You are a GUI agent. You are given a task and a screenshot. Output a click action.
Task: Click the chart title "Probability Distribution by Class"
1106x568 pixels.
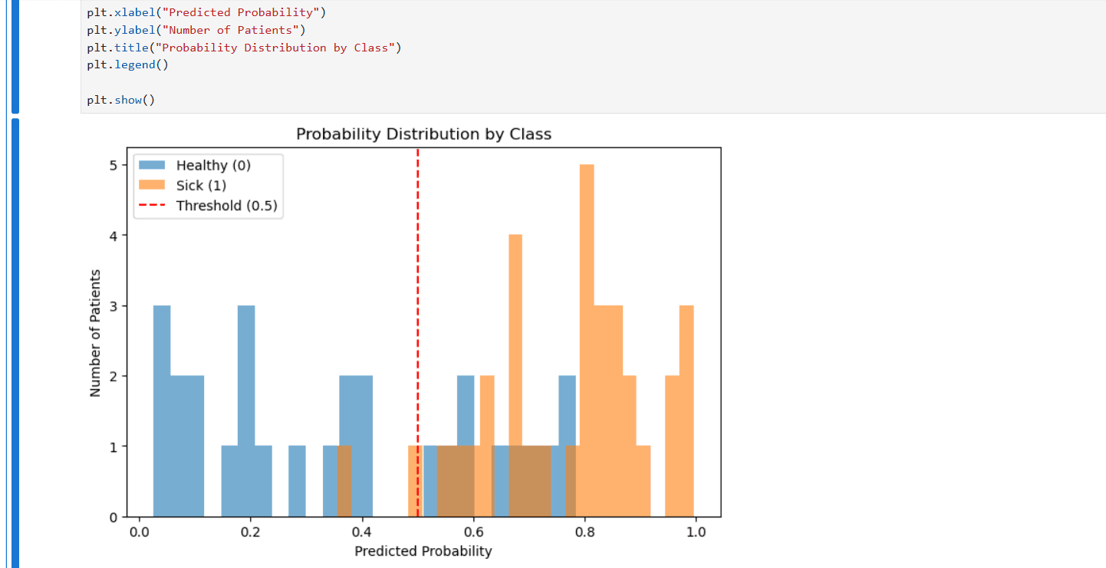[x=423, y=134]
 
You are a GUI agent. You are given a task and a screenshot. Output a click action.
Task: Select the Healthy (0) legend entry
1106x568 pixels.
[x=212, y=165]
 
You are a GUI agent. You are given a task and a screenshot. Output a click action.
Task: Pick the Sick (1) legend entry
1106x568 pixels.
[x=201, y=185]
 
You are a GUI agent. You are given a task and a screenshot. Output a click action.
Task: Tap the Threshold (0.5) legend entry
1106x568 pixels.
[x=225, y=206]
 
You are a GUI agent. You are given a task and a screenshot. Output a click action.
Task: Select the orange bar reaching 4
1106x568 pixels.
[x=515, y=345]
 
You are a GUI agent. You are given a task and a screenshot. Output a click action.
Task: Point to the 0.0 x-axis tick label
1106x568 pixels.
[x=139, y=531]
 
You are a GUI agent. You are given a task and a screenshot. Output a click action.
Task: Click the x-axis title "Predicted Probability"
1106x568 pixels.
[x=423, y=551]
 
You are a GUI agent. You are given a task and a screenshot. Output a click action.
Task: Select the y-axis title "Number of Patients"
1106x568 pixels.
[x=95, y=332]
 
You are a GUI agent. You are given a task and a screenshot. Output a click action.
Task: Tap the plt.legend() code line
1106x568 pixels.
[x=127, y=64]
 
